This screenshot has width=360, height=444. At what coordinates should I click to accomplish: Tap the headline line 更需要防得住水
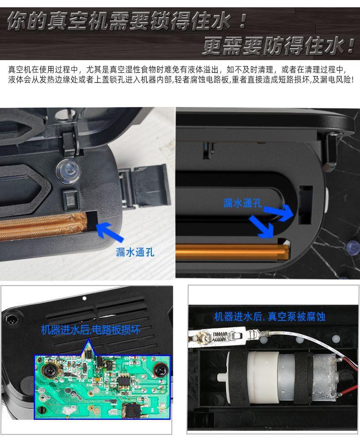coord(278,46)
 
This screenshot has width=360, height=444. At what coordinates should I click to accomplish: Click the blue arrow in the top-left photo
coord(111,231)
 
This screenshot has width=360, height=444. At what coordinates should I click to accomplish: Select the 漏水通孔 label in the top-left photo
coord(135,252)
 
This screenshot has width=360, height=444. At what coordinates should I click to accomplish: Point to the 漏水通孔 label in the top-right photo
coord(242,203)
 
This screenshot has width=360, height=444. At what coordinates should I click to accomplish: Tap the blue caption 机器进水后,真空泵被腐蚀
coord(270,316)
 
